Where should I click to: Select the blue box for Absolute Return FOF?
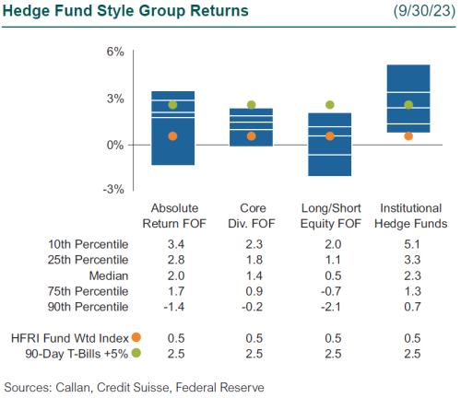[172, 128]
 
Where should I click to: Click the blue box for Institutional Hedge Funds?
[408, 99]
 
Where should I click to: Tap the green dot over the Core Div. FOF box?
[251, 105]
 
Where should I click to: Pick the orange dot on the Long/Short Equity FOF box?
[329, 136]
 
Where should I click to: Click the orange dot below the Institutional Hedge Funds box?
[408, 136]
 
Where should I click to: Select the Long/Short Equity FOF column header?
[330, 216]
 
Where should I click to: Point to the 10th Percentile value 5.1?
[408, 244]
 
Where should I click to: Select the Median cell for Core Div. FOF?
[252, 275]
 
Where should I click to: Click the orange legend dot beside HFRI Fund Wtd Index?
[136, 336]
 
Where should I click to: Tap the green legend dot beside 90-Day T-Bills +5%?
[136, 352]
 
